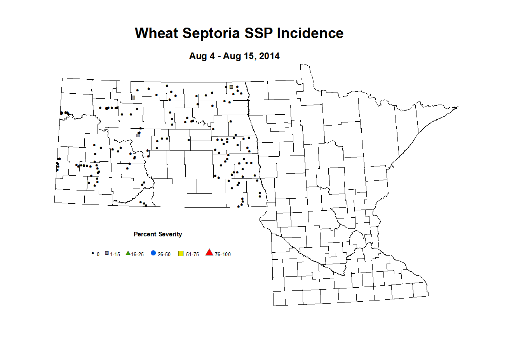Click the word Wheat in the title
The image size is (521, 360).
tap(157, 33)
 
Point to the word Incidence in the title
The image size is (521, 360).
tap(310, 33)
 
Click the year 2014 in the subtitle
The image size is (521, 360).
tap(269, 56)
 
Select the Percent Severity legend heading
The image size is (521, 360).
tap(158, 234)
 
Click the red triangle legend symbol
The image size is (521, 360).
tap(209, 253)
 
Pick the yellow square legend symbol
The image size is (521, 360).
tap(181, 254)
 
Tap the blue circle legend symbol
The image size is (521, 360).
tap(153, 253)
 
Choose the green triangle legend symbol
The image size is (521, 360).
tap(128, 253)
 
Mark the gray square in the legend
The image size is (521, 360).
tap(107, 253)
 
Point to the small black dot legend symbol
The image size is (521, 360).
tap(92, 253)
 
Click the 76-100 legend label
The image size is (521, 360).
tap(223, 254)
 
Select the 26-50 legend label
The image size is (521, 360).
tap(164, 254)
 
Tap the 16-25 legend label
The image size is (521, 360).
tap(138, 254)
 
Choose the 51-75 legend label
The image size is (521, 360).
tap(192, 254)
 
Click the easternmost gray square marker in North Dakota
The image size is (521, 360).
tap(231, 87)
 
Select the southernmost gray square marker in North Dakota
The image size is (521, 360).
tap(138, 135)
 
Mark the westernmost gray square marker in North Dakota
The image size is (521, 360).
tap(133, 97)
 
